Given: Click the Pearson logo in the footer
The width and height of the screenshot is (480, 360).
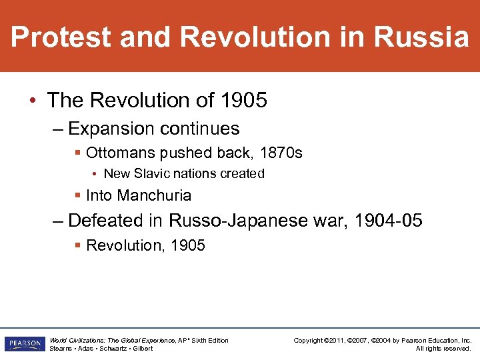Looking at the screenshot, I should tap(24, 344).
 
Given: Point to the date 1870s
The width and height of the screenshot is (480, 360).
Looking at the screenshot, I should tap(281, 153).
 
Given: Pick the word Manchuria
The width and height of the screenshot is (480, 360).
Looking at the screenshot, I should tap(154, 196).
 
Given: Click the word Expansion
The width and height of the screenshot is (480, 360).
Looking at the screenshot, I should tap(111, 129).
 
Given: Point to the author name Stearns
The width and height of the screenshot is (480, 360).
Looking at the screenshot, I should tap(61, 349).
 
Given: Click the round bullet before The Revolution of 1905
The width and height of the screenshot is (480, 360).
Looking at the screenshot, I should tap(33, 101).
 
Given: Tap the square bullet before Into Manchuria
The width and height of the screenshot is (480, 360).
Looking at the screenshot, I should tap(79, 196).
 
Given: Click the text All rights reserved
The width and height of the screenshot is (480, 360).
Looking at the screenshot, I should tap(443, 349).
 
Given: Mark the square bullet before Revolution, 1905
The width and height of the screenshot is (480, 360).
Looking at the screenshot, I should tap(79, 246).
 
